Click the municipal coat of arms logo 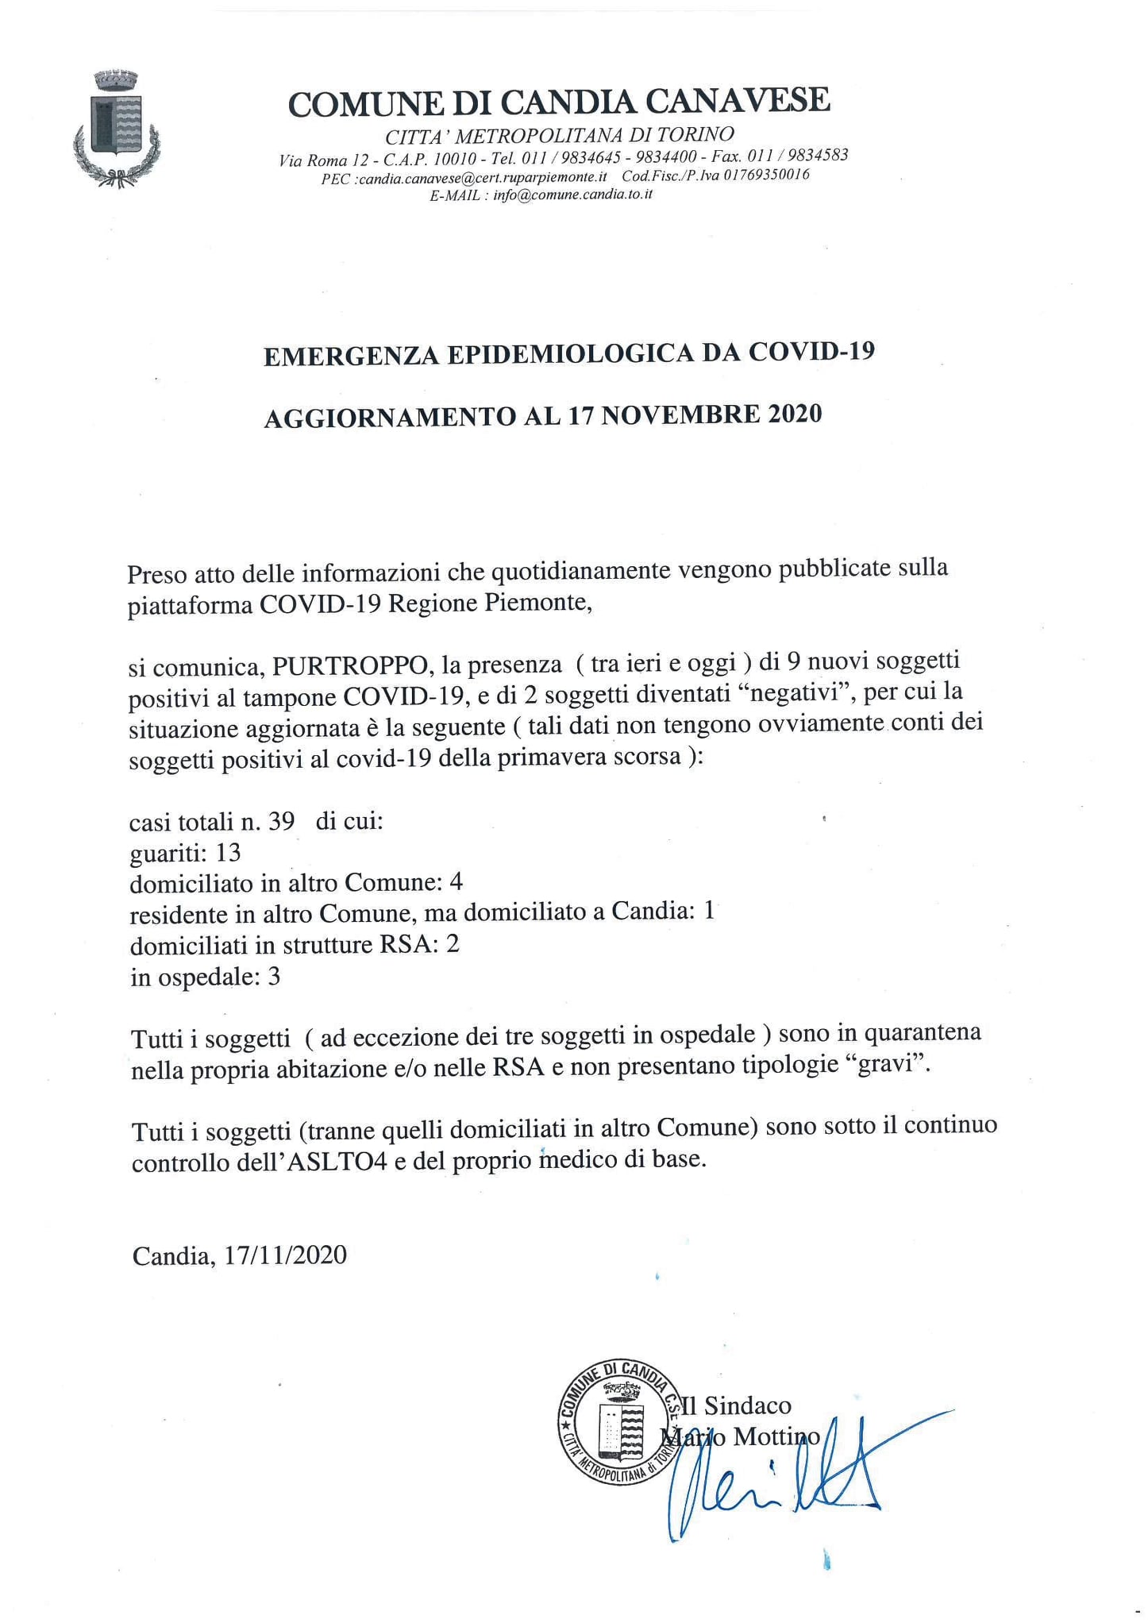117,129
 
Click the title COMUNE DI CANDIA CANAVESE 559,102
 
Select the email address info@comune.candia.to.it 572,195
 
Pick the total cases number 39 280,821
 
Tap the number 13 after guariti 228,853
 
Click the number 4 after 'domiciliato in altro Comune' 456,882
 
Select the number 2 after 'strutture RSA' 453,944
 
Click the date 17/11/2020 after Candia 286,1255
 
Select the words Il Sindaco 736,1405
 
